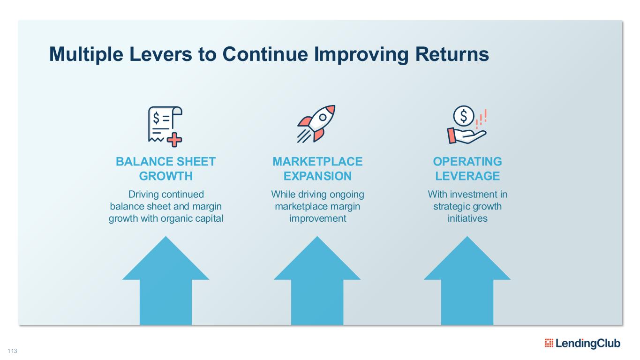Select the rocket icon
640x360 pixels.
click(x=316, y=123)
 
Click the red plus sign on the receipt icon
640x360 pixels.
click(x=175, y=139)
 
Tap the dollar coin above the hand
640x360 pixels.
click(x=464, y=115)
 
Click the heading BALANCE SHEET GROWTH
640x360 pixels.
click(x=166, y=169)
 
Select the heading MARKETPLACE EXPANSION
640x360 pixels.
click(x=317, y=169)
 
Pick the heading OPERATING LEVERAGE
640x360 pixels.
click(x=467, y=169)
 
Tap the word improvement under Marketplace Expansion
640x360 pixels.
click(x=317, y=218)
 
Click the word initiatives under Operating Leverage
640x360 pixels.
click(x=467, y=218)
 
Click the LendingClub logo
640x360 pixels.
click(x=583, y=343)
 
